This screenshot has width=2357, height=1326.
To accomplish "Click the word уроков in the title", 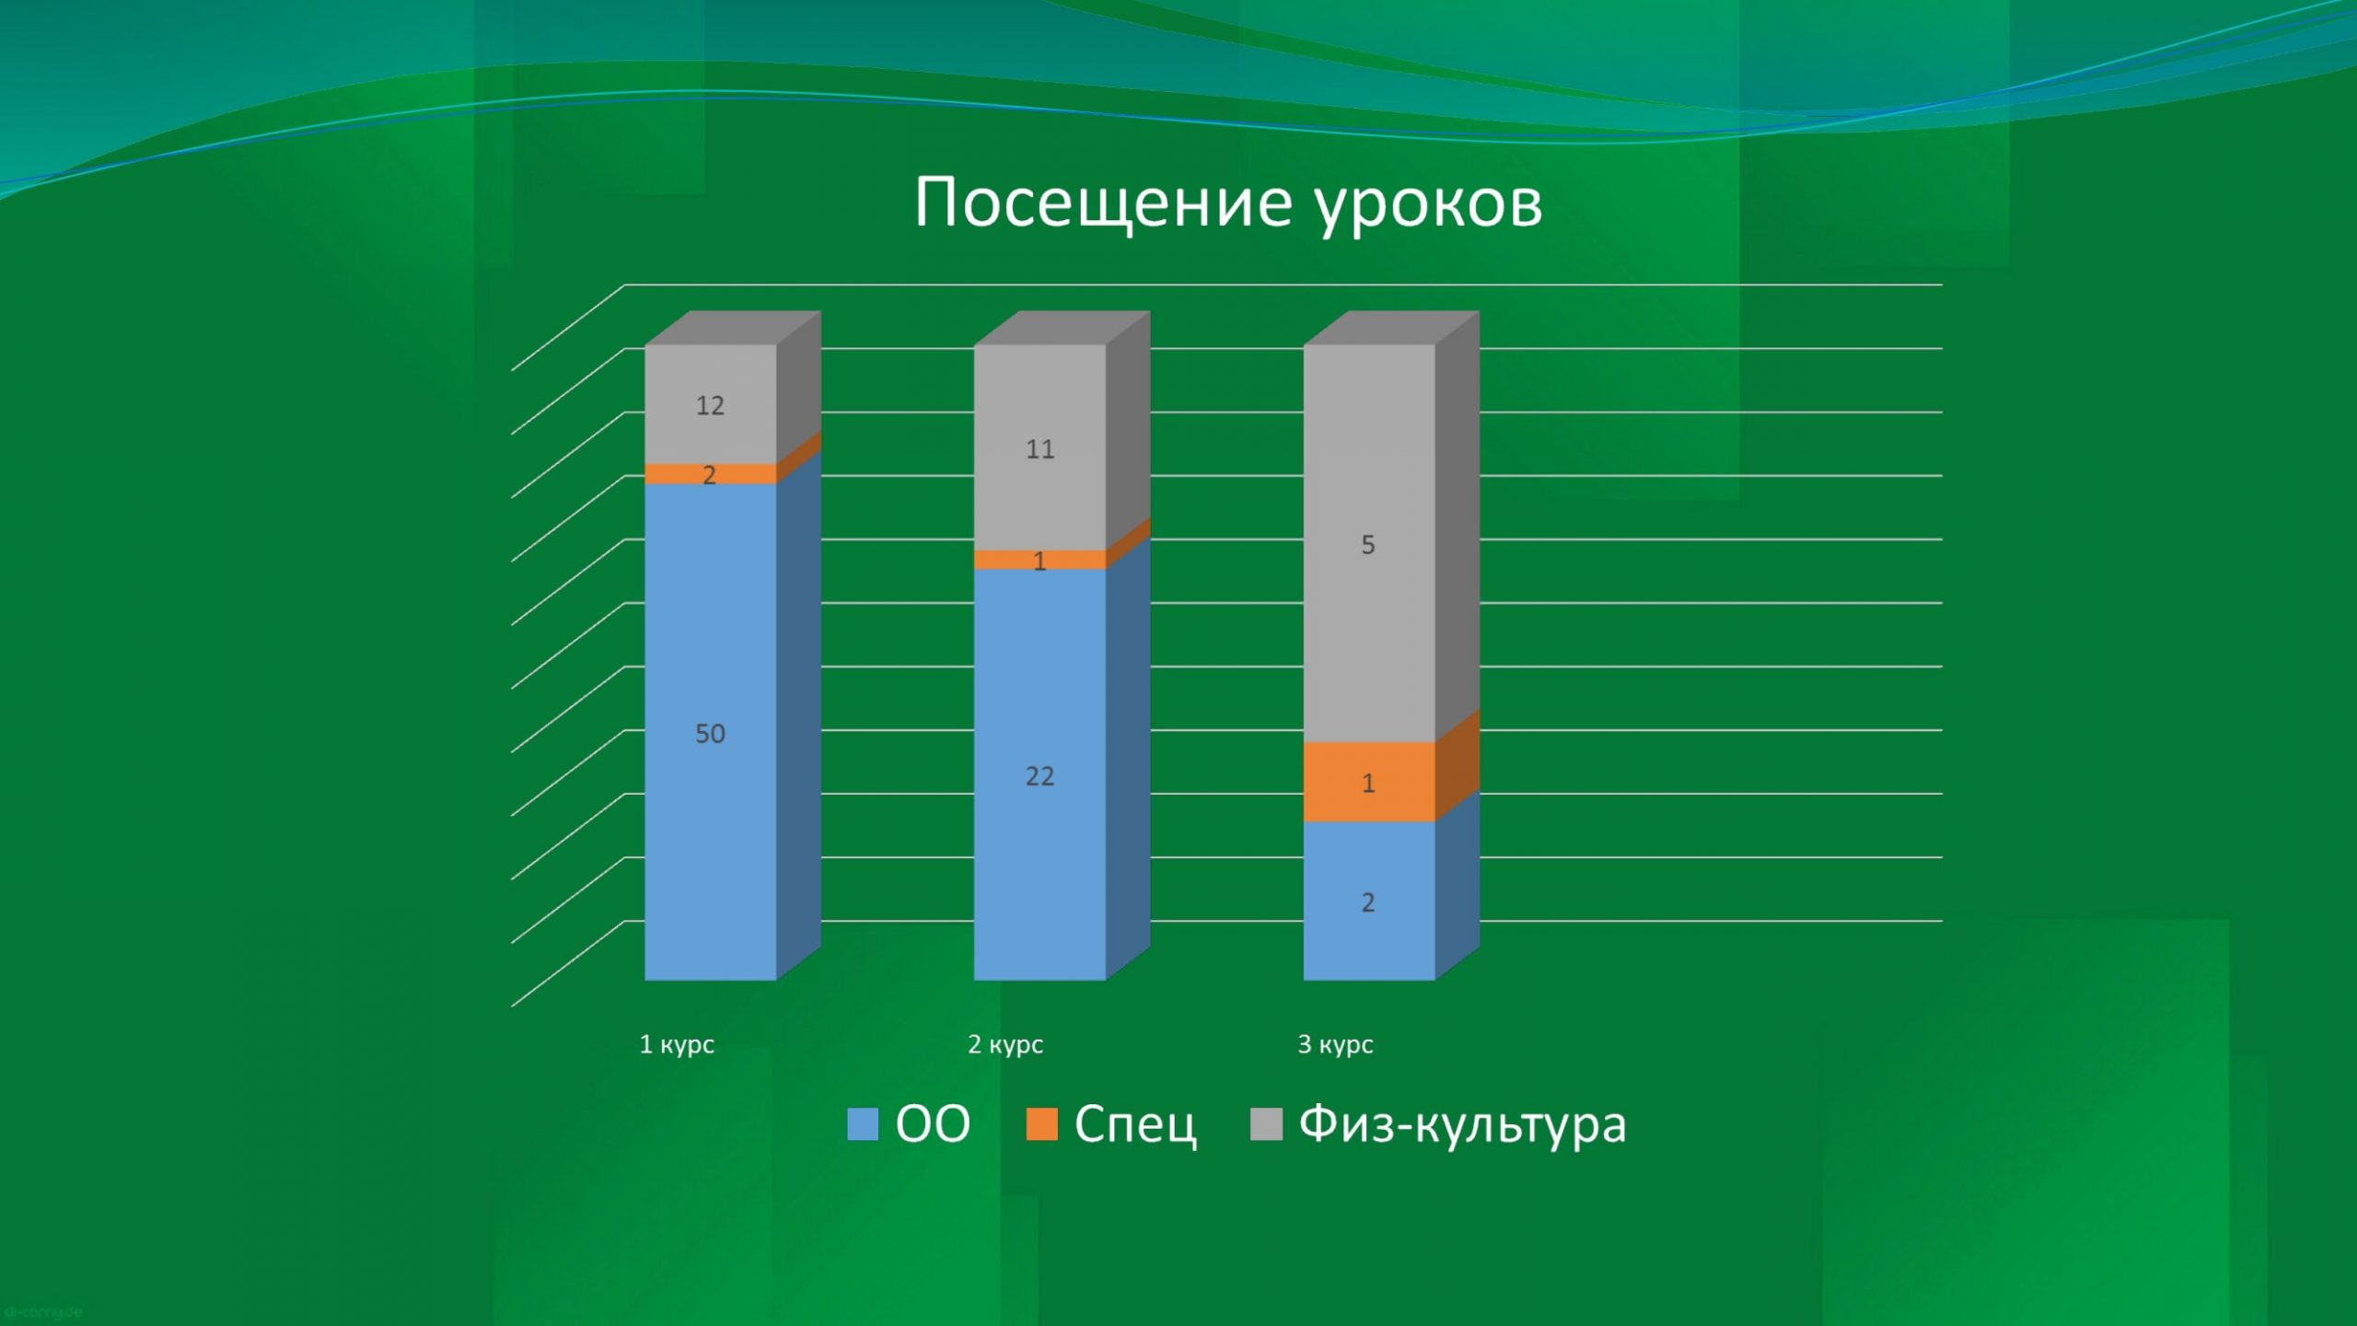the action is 1428,207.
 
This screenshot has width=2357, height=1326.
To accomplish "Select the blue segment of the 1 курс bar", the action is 711,732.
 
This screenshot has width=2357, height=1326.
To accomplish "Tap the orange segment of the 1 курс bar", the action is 711,473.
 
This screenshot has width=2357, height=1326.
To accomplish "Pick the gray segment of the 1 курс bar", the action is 711,404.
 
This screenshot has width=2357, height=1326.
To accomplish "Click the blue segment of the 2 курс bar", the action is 1040,774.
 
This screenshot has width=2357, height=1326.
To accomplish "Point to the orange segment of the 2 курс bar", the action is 1040,560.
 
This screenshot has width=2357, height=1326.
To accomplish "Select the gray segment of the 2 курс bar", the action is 1040,448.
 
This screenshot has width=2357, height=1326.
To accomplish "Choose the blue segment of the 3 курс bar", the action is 1369,901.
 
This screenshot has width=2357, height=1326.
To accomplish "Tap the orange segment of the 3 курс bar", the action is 1369,782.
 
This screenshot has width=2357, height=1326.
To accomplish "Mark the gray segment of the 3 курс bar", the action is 1369,543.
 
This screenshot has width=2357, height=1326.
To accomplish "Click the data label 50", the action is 710,734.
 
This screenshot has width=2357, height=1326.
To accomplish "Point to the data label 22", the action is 1039,776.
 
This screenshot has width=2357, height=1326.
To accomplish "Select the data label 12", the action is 710,405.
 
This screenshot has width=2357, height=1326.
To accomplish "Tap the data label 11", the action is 1040,449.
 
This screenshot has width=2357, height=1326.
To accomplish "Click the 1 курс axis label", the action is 677,1045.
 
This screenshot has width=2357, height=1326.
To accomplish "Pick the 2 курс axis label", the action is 1005,1045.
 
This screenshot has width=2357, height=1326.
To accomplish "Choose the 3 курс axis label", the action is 1335,1045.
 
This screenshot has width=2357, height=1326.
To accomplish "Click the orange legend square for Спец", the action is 1041,1124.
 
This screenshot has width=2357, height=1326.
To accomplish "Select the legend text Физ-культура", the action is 1462,1125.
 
